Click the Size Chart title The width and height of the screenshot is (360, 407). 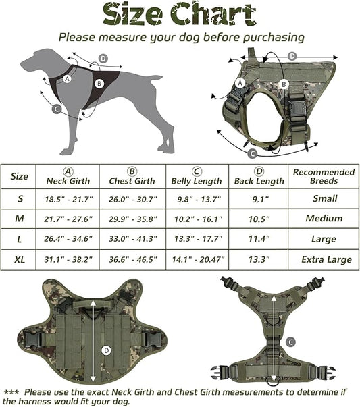click(x=180, y=13)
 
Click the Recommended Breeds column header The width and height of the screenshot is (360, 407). click(x=324, y=177)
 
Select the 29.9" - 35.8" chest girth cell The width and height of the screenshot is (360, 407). click(x=132, y=219)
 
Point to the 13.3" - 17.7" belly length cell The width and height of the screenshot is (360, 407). click(x=197, y=239)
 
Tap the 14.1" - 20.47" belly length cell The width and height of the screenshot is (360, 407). click(x=197, y=259)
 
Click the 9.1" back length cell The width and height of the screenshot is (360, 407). click(x=259, y=199)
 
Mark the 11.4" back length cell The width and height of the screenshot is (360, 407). click(x=259, y=239)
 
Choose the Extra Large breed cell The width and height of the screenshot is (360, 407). click(x=324, y=259)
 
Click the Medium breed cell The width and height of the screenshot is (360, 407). click(x=324, y=219)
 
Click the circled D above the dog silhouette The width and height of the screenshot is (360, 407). click(x=103, y=59)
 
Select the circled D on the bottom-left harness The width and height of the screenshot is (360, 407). click(x=105, y=350)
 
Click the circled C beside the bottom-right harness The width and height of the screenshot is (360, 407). click(x=291, y=342)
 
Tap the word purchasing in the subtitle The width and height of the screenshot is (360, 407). click(x=268, y=37)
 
